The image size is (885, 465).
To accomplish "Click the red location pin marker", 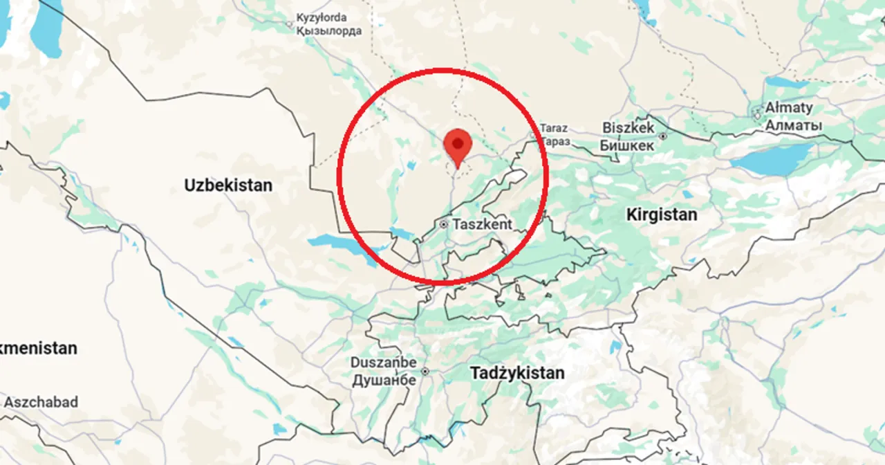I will [457, 144].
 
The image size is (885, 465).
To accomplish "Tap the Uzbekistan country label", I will [228, 185].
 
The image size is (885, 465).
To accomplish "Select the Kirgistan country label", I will [662, 215].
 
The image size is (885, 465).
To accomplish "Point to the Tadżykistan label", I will [517, 373].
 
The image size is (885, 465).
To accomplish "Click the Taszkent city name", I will [483, 224].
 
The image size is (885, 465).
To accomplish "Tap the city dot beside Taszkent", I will [444, 224].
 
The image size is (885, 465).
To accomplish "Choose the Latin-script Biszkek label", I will [628, 128].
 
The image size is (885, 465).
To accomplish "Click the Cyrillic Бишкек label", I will [626, 145].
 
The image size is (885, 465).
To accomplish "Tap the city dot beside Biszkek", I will [663, 136].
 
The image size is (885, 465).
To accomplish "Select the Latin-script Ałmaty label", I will [789, 108].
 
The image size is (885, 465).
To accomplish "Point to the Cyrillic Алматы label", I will [793, 126].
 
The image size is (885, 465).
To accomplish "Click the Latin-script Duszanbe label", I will [384, 363].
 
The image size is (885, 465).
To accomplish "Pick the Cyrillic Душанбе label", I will [384, 380].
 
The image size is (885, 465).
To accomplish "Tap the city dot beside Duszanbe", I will [425, 372].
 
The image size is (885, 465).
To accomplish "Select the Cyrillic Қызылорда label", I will [328, 31].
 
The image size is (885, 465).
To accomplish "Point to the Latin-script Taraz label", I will [554, 128].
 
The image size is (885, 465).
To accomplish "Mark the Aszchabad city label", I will [41, 402].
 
